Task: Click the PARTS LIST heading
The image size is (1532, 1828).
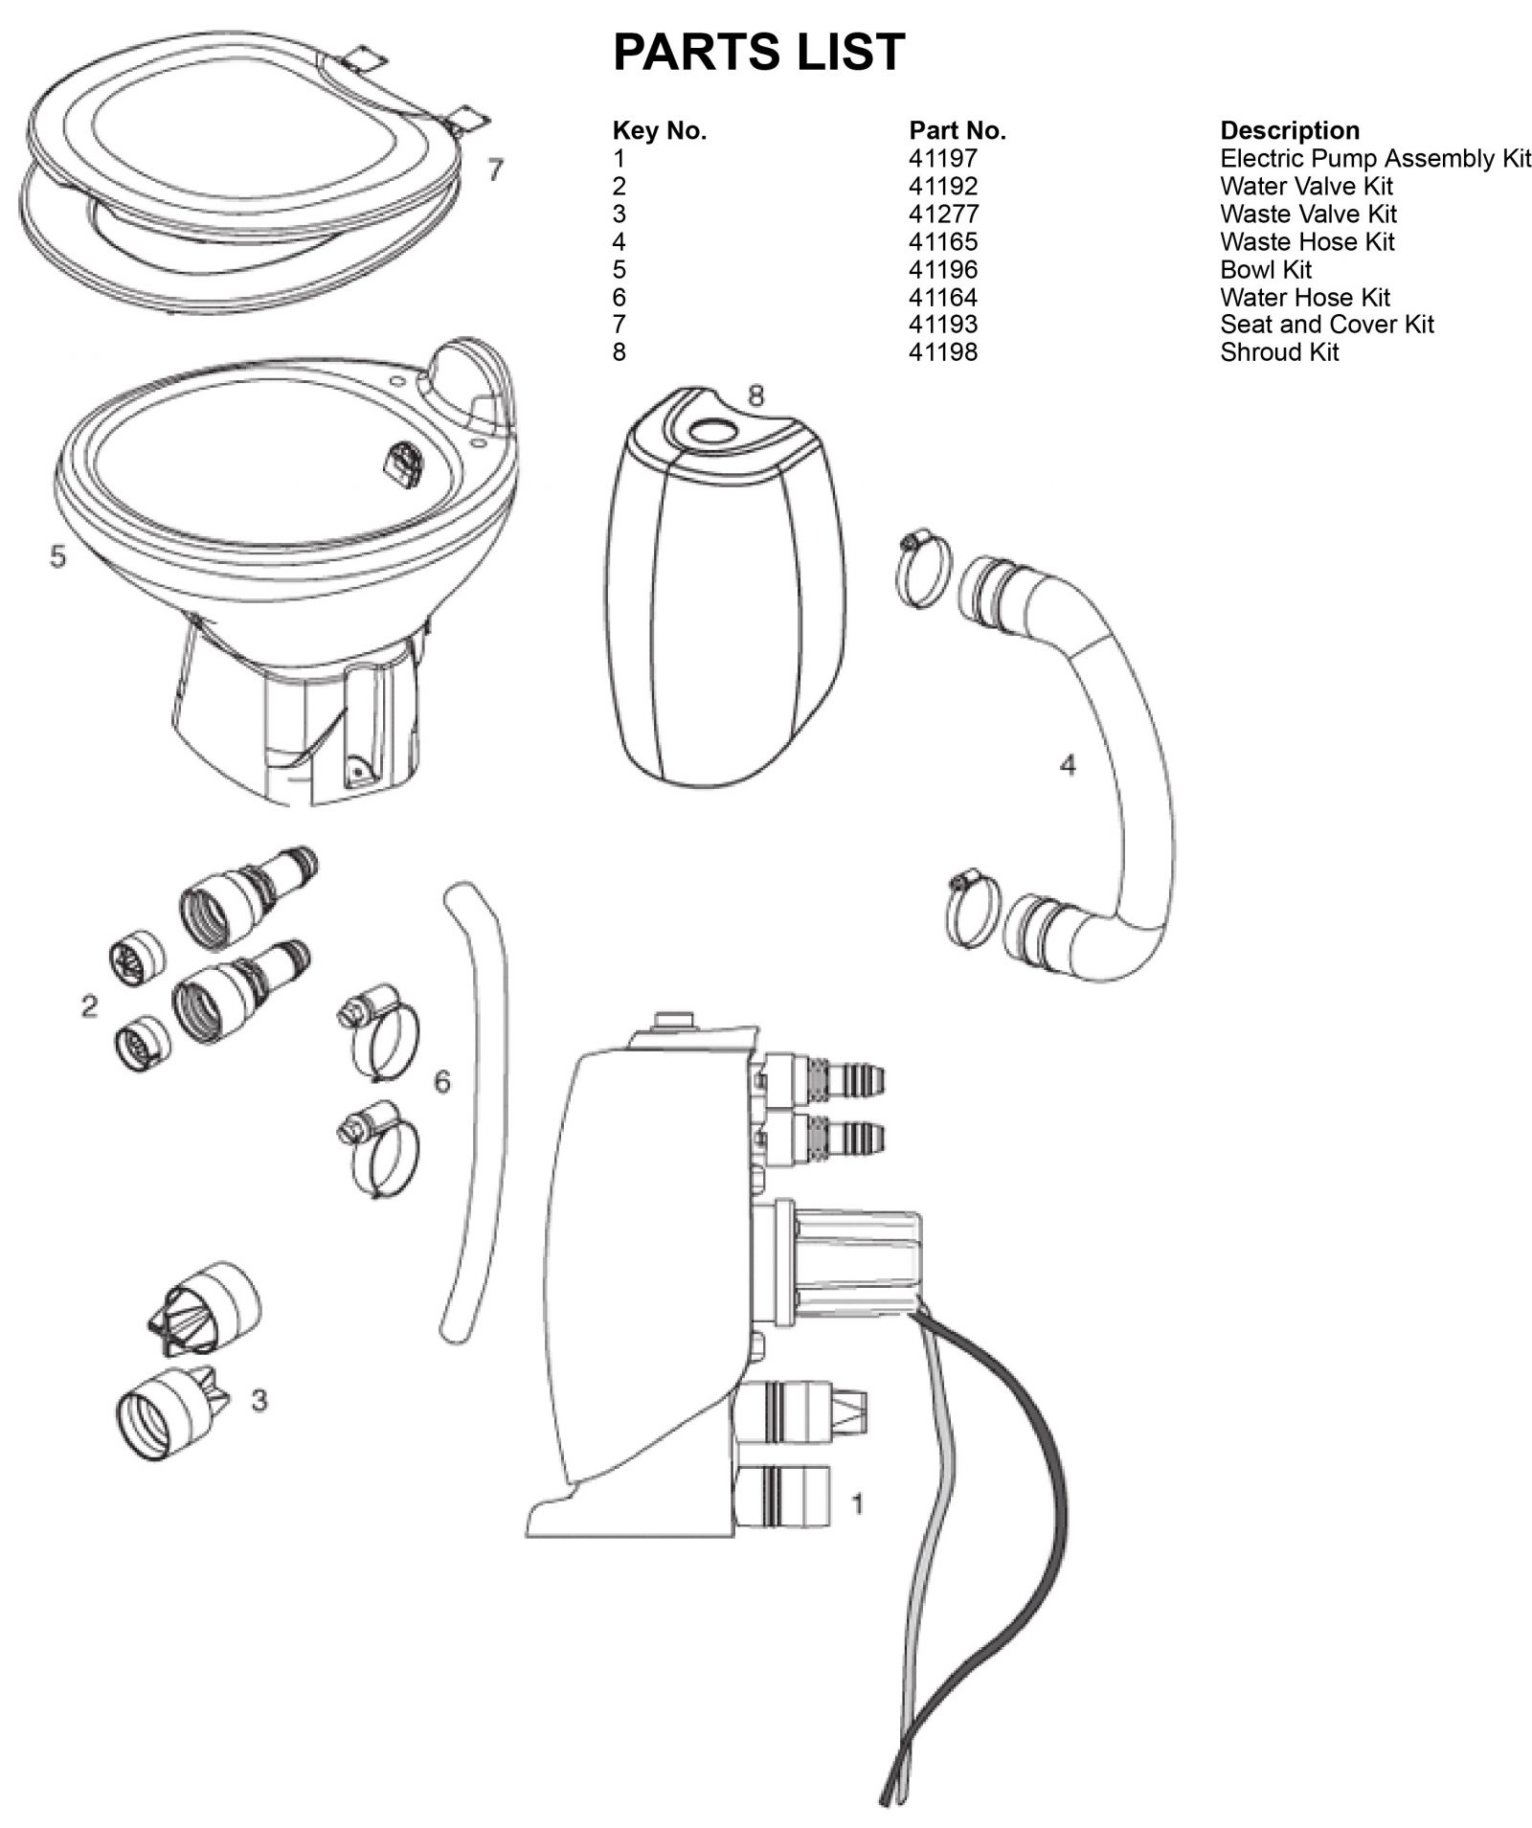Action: coord(757,52)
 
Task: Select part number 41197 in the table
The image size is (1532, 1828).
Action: coord(942,159)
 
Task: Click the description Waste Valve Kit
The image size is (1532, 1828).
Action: coord(1307,214)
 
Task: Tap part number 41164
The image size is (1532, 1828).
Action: coord(942,298)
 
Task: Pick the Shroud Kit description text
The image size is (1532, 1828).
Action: coord(1278,353)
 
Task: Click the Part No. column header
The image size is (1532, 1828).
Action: coord(957,131)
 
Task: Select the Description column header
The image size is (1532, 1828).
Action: coord(1289,131)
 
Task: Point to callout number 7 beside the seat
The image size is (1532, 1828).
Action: coord(494,170)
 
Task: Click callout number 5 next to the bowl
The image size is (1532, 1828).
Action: coord(58,555)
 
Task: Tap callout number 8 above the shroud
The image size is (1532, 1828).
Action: coord(755,395)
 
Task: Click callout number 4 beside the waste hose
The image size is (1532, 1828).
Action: coord(1068,765)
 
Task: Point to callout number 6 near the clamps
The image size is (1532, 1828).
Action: coord(441,1081)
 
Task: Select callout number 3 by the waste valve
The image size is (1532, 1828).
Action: coord(259,1400)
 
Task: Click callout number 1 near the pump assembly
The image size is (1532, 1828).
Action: coord(857,1504)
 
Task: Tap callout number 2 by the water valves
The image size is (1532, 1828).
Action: coord(89,1006)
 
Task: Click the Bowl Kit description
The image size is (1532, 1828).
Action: coord(1265,270)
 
